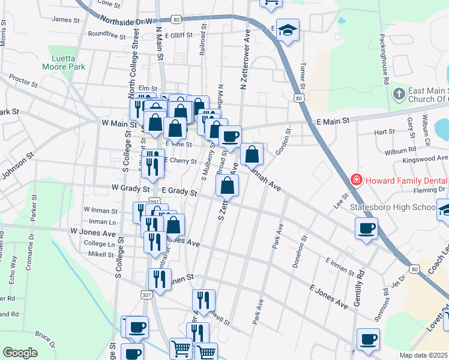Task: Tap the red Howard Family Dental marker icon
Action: [x=356, y=179]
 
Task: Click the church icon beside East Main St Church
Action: [x=399, y=94]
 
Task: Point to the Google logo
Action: [x=20, y=353]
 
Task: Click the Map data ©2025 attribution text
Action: [x=424, y=355]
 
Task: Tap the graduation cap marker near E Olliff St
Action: [x=288, y=30]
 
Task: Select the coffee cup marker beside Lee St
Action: [x=366, y=228]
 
